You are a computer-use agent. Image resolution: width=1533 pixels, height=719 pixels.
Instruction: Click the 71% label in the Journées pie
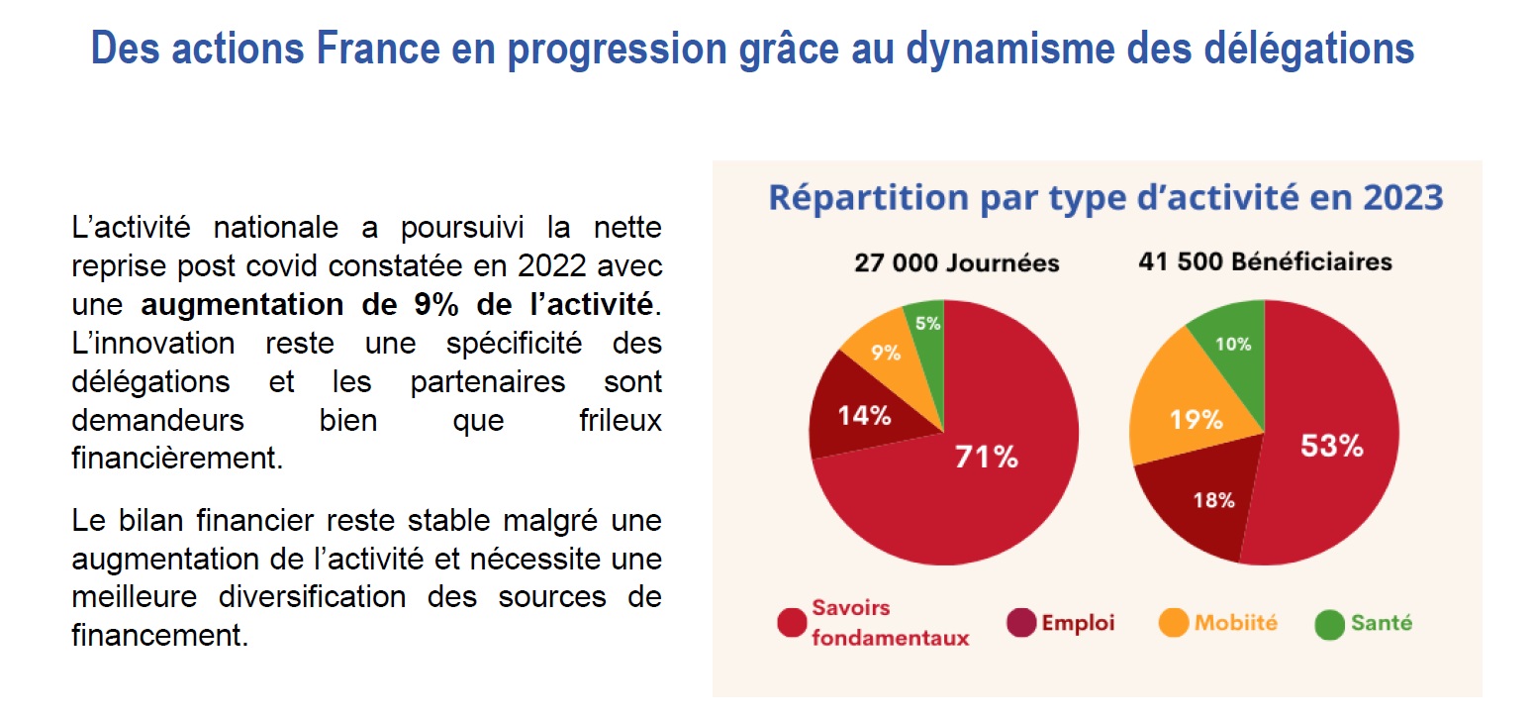986,457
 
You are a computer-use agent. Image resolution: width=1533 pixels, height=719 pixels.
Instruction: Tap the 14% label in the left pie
864,415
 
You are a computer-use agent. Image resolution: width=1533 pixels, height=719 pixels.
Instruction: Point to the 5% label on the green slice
928,324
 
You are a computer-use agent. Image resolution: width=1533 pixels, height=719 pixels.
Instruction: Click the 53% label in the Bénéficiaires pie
1331,446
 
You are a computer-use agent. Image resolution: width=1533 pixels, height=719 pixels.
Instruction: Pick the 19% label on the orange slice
1196,420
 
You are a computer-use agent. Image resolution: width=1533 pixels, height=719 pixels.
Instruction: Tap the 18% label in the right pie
1213,500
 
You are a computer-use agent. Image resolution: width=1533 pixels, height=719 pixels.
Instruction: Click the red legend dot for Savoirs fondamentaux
792,623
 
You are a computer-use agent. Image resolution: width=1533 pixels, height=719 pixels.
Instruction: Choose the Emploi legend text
1078,623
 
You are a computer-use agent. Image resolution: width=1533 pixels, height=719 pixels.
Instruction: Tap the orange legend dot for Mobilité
1173,623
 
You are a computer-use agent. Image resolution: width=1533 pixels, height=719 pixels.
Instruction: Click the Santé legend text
1383,623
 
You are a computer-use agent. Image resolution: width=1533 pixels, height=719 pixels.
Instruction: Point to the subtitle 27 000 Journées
957,262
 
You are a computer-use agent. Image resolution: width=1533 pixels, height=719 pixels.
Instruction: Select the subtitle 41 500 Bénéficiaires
1265,262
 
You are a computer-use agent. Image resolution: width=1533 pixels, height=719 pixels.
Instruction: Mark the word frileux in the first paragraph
620,420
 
